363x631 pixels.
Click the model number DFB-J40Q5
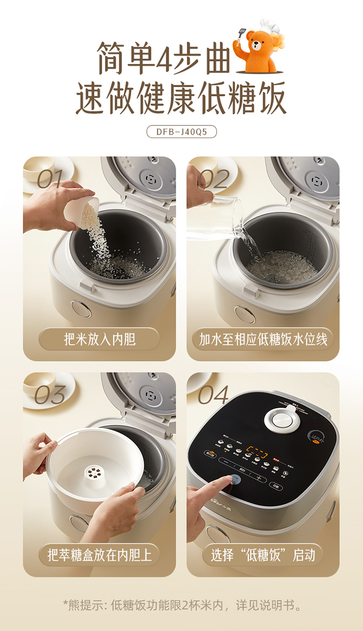(x=181, y=132)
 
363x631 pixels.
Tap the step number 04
(x=213, y=395)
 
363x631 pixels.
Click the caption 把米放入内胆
(x=99, y=339)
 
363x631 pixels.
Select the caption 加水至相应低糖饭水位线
(x=263, y=339)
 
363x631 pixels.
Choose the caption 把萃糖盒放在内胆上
(x=99, y=555)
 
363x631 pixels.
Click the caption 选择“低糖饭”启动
(x=263, y=555)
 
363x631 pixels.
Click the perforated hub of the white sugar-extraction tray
(x=97, y=472)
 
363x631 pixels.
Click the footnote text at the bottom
(x=181, y=605)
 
